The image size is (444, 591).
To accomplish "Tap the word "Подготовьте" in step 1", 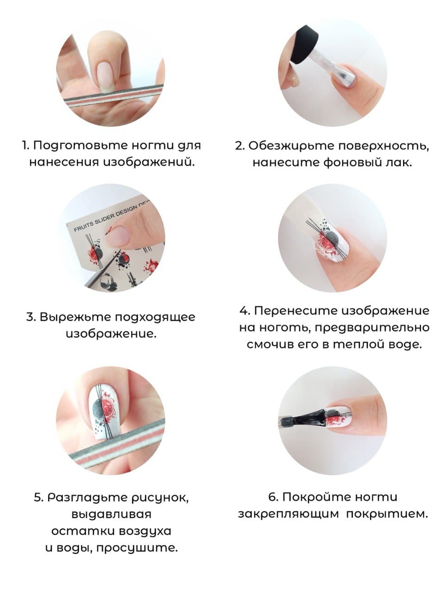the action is click(x=80, y=145).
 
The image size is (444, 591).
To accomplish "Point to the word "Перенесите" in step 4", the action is click(x=296, y=311).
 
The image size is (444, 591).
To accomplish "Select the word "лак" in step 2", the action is click(x=399, y=163).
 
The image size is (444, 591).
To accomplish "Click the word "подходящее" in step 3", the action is click(x=155, y=317).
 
